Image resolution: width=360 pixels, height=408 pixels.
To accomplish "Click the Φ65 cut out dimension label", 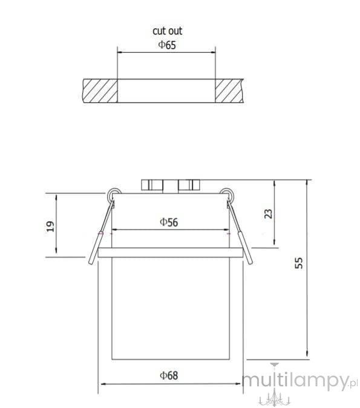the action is (167, 45).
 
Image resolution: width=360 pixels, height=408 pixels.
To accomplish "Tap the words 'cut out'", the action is (167, 31).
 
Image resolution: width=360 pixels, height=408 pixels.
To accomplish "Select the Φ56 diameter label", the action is (169, 222).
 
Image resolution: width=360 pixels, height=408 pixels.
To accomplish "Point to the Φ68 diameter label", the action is (169, 375).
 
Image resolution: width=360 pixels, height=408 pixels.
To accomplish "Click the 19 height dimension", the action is (50, 227).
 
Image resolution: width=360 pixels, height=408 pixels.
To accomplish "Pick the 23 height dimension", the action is (268, 214).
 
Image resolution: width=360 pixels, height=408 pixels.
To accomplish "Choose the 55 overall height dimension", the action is (299, 263).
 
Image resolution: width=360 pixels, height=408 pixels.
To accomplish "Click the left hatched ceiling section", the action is (100, 91).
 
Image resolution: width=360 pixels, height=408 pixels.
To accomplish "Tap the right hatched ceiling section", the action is (229, 91).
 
